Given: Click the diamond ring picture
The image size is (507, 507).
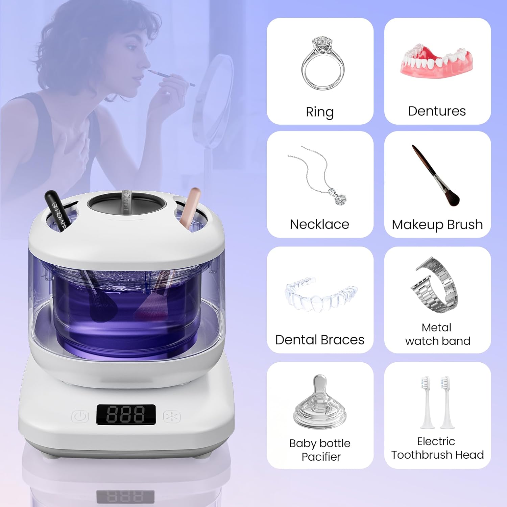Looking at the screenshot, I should coord(323,64).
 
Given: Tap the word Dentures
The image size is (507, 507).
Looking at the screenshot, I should coord(437,111).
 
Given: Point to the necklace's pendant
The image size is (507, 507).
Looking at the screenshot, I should coord(340,198).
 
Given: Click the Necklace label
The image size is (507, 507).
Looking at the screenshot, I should coord(319,224).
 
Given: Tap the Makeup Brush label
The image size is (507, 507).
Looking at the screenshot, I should coord(437,225).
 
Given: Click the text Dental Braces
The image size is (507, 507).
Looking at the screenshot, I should coord(320,340).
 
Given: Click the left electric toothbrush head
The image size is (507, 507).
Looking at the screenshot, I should coord(425,402).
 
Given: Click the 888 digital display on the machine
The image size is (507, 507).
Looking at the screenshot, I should coord(126,414).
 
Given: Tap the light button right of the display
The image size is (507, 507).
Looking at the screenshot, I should coord(172,416).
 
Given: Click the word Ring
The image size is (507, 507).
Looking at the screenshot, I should coord(319,112).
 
